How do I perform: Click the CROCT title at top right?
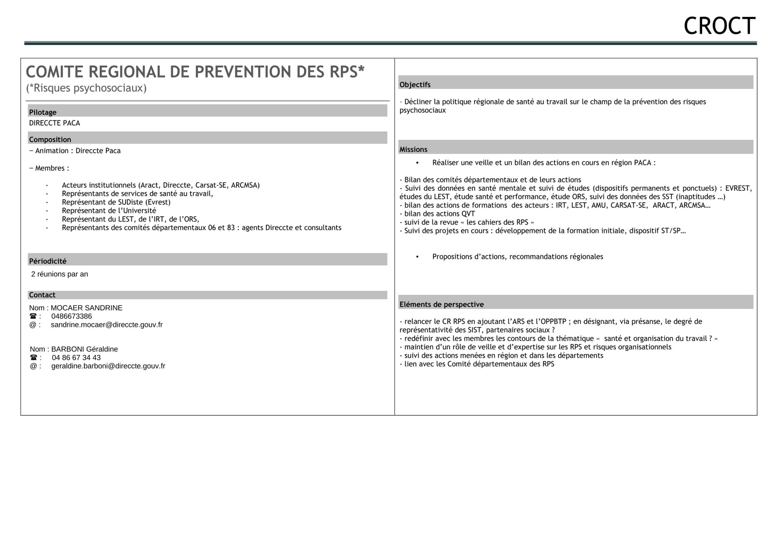coord(719,26)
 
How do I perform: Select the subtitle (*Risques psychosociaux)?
coord(86,88)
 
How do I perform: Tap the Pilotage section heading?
coord(43,112)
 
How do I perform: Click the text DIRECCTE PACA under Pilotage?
coord(55,123)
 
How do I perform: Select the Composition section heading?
coord(50,139)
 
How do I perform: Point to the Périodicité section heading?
coord(48,261)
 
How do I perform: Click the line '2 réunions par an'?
coord(60,274)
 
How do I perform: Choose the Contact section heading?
coord(42,295)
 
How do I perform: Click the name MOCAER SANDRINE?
coord(87,308)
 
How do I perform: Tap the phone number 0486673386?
coord(72,316)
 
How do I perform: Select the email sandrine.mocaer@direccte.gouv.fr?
coord(107,325)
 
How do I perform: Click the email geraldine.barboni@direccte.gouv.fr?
coord(108,366)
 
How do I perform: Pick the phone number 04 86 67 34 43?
coord(76,358)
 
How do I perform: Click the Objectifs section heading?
coord(415,85)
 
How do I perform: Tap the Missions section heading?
coord(413,149)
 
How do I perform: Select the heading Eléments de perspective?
coord(441,305)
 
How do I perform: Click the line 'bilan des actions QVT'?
coord(439,214)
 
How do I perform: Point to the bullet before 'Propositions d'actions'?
coord(417,257)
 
